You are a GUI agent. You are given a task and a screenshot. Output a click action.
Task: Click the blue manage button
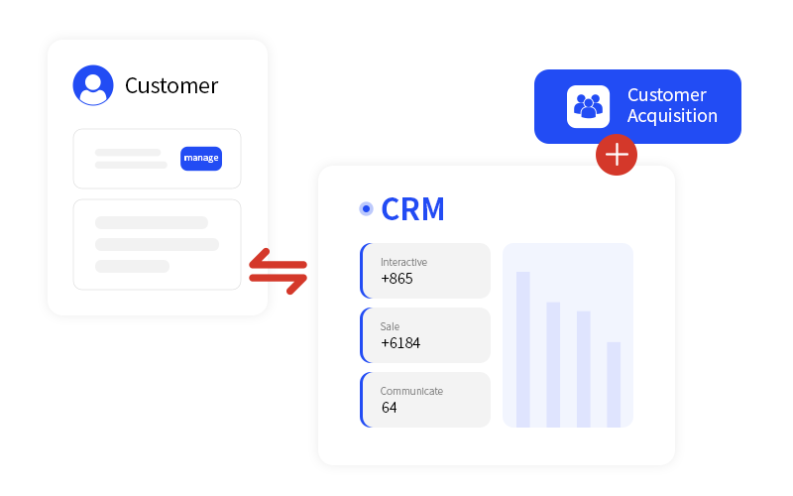(x=201, y=159)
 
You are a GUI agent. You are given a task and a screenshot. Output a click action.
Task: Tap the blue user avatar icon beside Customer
(x=93, y=85)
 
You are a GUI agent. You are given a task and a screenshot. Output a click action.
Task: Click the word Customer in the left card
(x=171, y=86)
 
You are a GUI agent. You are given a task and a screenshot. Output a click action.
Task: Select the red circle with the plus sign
(x=617, y=154)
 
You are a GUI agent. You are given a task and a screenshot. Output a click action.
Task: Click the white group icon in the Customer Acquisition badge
(x=588, y=106)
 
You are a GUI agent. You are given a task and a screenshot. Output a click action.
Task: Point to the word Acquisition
(x=672, y=116)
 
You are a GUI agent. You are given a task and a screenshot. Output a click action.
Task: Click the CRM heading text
(x=412, y=209)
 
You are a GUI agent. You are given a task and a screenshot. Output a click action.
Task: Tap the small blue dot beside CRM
(x=366, y=209)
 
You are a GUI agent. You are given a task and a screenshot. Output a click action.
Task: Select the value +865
(x=396, y=279)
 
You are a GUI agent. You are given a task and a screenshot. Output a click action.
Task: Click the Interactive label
(x=403, y=262)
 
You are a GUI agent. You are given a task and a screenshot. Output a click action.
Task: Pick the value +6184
(x=400, y=343)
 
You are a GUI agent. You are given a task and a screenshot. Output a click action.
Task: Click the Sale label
(x=390, y=326)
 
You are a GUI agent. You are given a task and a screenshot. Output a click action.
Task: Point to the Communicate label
(x=411, y=391)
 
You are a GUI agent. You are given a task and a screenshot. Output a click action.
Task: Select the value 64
(x=389, y=408)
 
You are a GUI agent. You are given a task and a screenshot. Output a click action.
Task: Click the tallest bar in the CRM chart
(x=523, y=348)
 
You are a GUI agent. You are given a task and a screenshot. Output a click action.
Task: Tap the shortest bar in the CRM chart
(x=614, y=384)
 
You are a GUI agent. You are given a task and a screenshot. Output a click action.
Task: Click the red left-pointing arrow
(x=277, y=260)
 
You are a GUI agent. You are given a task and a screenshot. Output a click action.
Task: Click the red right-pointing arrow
(x=279, y=279)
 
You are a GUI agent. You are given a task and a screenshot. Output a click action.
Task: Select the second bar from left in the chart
(x=553, y=364)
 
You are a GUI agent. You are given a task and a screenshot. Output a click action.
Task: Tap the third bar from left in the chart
(x=584, y=368)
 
